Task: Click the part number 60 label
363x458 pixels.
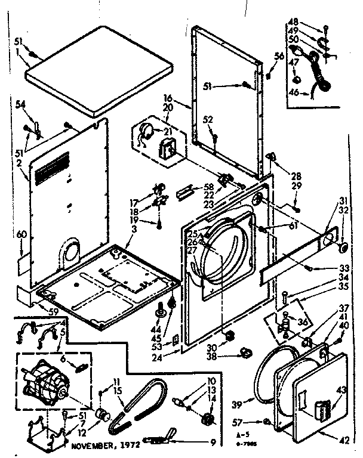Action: [22, 236]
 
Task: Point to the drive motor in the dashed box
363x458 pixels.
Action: [47, 382]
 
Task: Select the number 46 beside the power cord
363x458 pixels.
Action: [293, 93]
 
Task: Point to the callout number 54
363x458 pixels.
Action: [21, 105]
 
